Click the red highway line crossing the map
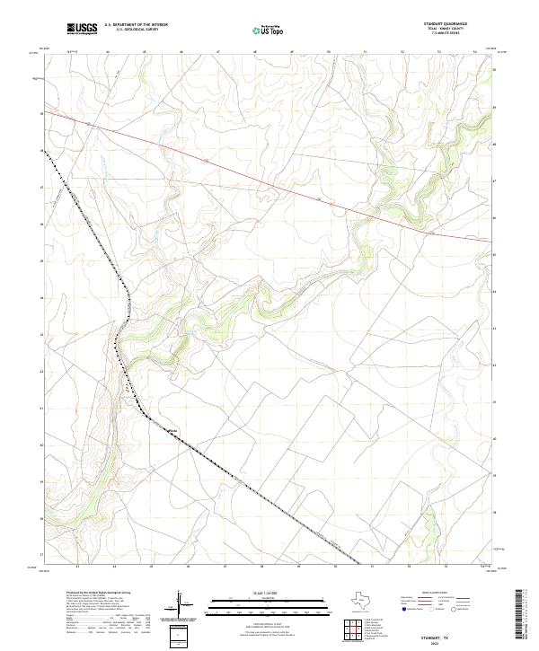pyautogui.click(x=269, y=176)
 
